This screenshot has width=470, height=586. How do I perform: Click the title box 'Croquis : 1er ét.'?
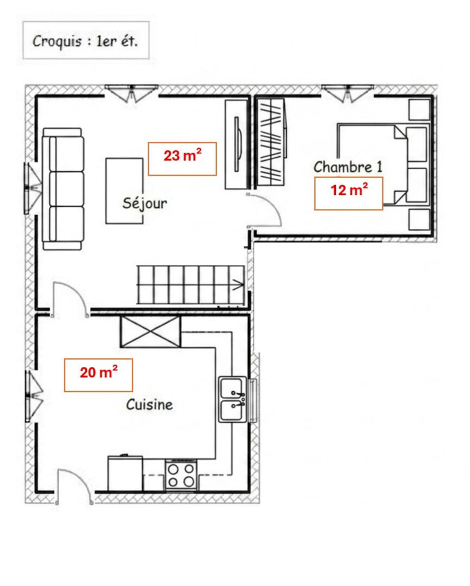[x=86, y=40]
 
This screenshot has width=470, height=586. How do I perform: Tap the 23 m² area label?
[x=182, y=159]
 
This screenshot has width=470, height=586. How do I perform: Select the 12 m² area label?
[x=348, y=194]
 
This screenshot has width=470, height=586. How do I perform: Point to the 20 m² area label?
[x=98, y=375]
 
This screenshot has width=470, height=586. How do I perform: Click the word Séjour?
[x=145, y=203]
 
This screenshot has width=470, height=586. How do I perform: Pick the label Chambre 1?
[x=348, y=167]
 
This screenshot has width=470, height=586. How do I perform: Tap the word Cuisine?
[x=150, y=404]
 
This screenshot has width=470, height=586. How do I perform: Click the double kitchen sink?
[x=233, y=399]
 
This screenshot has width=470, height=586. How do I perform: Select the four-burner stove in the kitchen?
[x=181, y=475]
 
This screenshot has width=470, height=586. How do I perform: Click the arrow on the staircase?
[x=238, y=285]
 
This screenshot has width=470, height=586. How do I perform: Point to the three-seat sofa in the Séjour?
[x=63, y=189]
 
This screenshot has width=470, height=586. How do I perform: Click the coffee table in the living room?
[x=124, y=191]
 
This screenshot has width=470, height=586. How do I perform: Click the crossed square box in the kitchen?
[x=150, y=332]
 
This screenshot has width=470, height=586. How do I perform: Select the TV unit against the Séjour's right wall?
[x=236, y=144]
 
